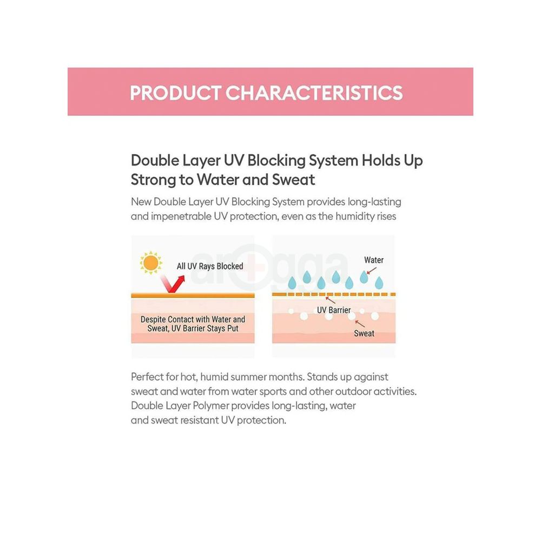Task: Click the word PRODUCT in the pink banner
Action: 175,93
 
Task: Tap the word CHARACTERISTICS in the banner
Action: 314,93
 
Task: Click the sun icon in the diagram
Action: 151,263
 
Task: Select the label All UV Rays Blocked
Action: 210,266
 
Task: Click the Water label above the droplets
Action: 374,260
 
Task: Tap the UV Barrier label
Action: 334,310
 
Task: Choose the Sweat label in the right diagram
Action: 364,333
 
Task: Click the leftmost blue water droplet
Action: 292,282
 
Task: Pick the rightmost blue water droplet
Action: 379,282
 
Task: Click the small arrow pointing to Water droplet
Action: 371,270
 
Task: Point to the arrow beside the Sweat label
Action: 360,324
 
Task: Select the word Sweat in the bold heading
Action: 294,180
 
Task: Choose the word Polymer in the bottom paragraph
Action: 211,406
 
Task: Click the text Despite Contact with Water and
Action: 193,319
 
